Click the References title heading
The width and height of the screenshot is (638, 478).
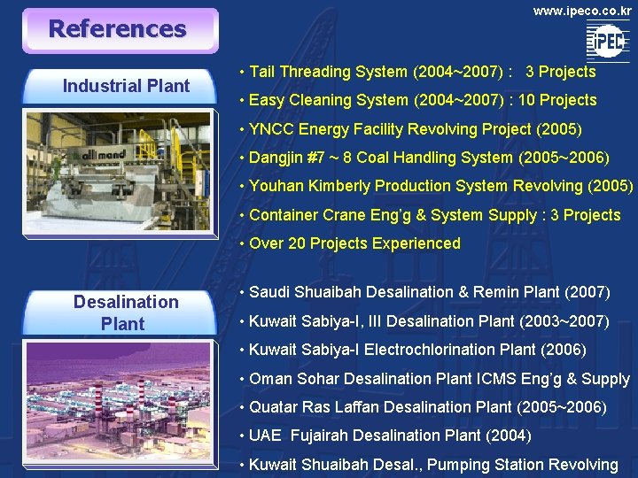117,29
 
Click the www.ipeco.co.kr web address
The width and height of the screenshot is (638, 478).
582,12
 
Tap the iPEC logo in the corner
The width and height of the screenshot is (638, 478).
607,41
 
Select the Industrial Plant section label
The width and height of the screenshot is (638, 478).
126,86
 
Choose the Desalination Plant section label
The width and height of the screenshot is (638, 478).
125,312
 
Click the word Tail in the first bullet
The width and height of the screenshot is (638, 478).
264,72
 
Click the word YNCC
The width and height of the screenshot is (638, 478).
272,129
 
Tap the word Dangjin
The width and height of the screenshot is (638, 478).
278,158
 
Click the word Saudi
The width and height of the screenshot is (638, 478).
269,292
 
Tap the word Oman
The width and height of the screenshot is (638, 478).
268,379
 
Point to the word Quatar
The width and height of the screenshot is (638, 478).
274,407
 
